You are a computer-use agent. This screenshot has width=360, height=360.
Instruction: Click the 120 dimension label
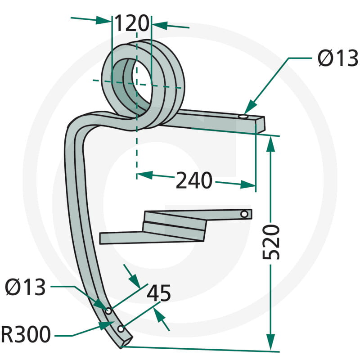click(x=131, y=23)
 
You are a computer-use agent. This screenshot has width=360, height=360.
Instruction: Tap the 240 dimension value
click(x=194, y=180)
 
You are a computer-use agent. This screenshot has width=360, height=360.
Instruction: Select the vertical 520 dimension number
click(x=271, y=243)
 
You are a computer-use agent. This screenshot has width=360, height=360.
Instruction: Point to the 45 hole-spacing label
click(x=159, y=293)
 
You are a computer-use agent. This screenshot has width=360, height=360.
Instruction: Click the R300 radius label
click(x=26, y=334)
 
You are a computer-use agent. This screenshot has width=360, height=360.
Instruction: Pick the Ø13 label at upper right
click(x=338, y=58)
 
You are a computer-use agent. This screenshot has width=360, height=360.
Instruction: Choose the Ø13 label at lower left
click(x=25, y=287)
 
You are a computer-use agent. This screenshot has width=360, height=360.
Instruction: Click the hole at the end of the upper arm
click(x=243, y=117)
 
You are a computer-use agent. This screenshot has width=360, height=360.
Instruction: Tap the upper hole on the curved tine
click(x=108, y=311)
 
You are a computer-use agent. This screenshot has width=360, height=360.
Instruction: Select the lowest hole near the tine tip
click(x=121, y=329)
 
